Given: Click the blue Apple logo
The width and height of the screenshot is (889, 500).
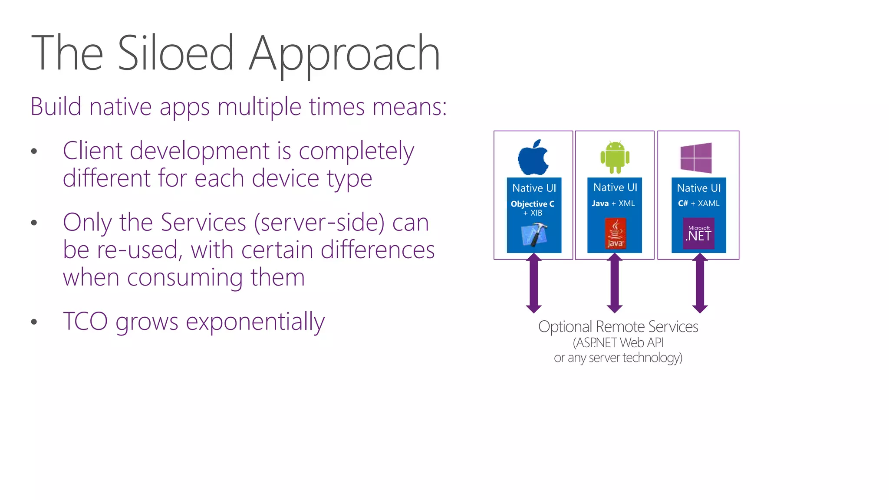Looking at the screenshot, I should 533,158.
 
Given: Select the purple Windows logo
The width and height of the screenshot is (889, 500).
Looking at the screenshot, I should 696,158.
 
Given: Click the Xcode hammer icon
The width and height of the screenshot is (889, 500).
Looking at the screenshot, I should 534,235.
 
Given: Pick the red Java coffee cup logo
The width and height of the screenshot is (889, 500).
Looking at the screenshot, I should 615,234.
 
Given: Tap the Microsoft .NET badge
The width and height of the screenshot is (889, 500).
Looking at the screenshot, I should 698,234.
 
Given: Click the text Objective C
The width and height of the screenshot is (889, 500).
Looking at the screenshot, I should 532,204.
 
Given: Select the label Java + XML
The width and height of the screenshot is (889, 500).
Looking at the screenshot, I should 613,204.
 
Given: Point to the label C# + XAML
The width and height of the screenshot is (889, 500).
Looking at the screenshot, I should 698,204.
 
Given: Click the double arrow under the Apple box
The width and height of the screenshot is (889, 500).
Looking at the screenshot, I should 533,283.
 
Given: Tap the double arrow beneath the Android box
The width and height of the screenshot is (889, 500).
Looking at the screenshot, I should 615,283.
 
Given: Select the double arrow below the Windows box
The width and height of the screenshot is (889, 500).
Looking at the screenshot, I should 700,283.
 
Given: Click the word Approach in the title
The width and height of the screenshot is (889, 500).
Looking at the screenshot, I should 344,54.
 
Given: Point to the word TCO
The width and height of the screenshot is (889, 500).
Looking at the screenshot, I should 85,321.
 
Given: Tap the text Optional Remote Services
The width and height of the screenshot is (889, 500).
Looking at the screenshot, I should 618,326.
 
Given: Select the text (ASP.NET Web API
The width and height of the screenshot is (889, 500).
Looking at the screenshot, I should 618,343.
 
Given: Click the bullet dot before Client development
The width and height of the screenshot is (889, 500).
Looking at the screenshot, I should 34,151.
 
